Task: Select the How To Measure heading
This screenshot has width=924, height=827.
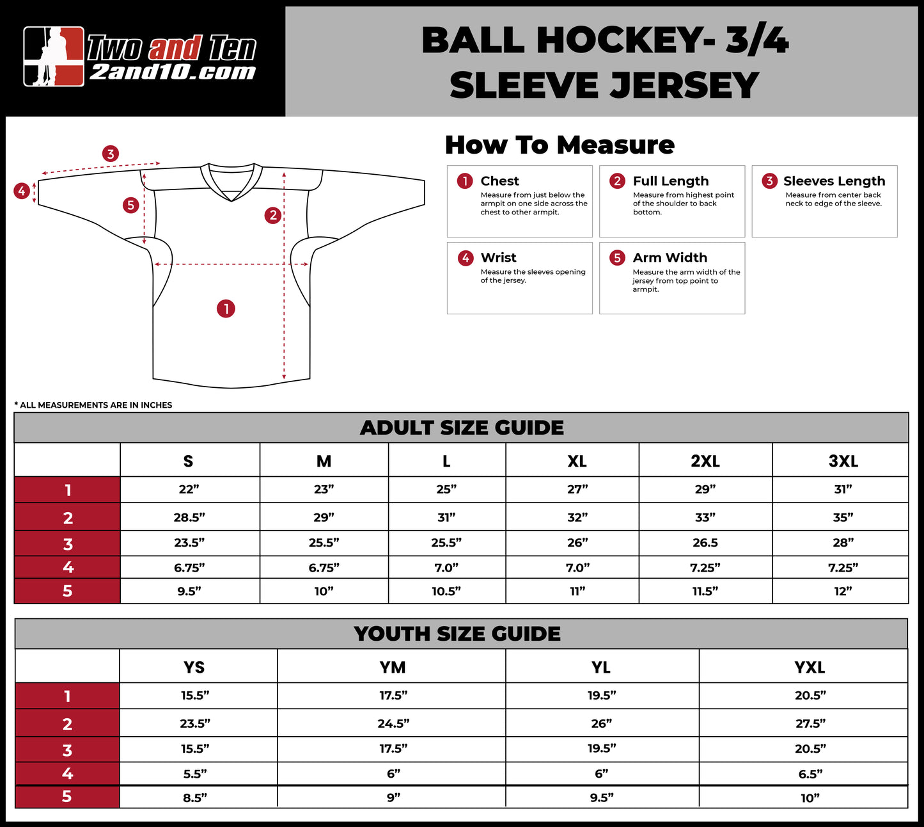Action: (x=560, y=145)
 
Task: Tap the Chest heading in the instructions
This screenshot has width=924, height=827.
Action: (x=499, y=181)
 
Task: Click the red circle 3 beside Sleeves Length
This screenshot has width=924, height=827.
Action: (x=769, y=181)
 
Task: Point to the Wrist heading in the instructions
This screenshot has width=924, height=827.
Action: (x=498, y=258)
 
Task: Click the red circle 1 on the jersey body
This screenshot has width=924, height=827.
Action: (x=226, y=309)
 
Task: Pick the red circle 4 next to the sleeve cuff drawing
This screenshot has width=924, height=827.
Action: (x=22, y=191)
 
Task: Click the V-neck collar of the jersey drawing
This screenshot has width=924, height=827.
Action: (x=231, y=181)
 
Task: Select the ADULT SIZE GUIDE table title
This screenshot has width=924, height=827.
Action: (x=462, y=428)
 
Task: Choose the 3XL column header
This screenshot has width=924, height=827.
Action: (x=843, y=461)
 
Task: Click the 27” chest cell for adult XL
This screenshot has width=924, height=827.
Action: (x=577, y=490)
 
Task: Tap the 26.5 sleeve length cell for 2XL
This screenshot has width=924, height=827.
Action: (x=705, y=543)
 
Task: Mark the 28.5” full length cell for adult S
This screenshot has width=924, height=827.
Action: (x=189, y=517)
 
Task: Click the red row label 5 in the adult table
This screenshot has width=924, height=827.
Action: (x=67, y=591)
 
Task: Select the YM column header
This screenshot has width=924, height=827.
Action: (x=392, y=667)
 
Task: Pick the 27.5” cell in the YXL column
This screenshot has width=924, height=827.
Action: (x=810, y=723)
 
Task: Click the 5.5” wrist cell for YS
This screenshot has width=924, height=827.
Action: (x=194, y=774)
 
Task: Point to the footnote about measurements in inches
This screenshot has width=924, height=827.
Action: (x=93, y=405)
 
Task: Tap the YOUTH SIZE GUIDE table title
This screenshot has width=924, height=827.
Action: (x=457, y=634)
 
